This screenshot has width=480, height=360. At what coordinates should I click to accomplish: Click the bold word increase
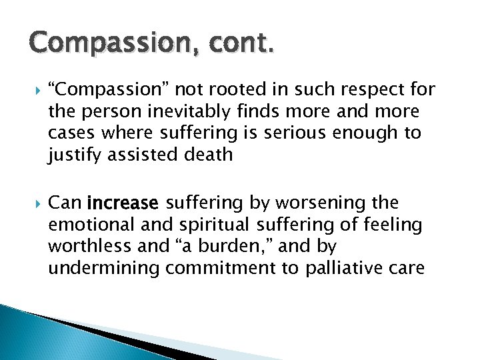[x=123, y=203]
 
